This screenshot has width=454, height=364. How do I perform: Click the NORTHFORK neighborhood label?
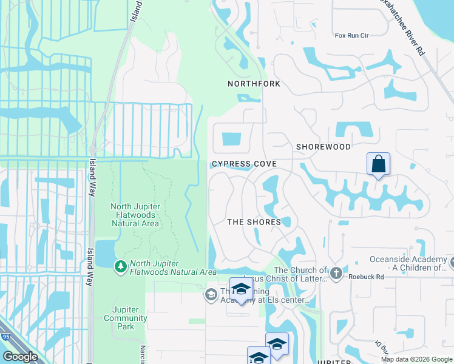tap(254, 84)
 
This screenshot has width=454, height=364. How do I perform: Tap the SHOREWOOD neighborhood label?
tap(323, 147)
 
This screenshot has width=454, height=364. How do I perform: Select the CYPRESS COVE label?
tap(244, 164)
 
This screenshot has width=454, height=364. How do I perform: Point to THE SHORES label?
tap(254, 222)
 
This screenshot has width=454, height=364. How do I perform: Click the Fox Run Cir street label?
tap(352, 36)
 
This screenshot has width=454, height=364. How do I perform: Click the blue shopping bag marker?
tap(378, 164)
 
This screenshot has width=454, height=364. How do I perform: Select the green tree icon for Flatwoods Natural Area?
tap(121, 266)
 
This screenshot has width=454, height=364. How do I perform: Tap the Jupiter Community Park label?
tap(125, 314)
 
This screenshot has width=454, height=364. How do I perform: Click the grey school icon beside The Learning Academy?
tap(211, 295)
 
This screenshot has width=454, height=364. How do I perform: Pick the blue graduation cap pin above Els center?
tap(241, 289)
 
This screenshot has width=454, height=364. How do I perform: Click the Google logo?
tap(21, 357)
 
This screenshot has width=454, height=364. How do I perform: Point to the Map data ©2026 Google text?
tap(416, 359)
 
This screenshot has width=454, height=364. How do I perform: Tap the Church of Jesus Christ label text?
tap(301, 275)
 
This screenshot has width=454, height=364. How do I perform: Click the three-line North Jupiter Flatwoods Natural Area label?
tap(135, 215)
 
